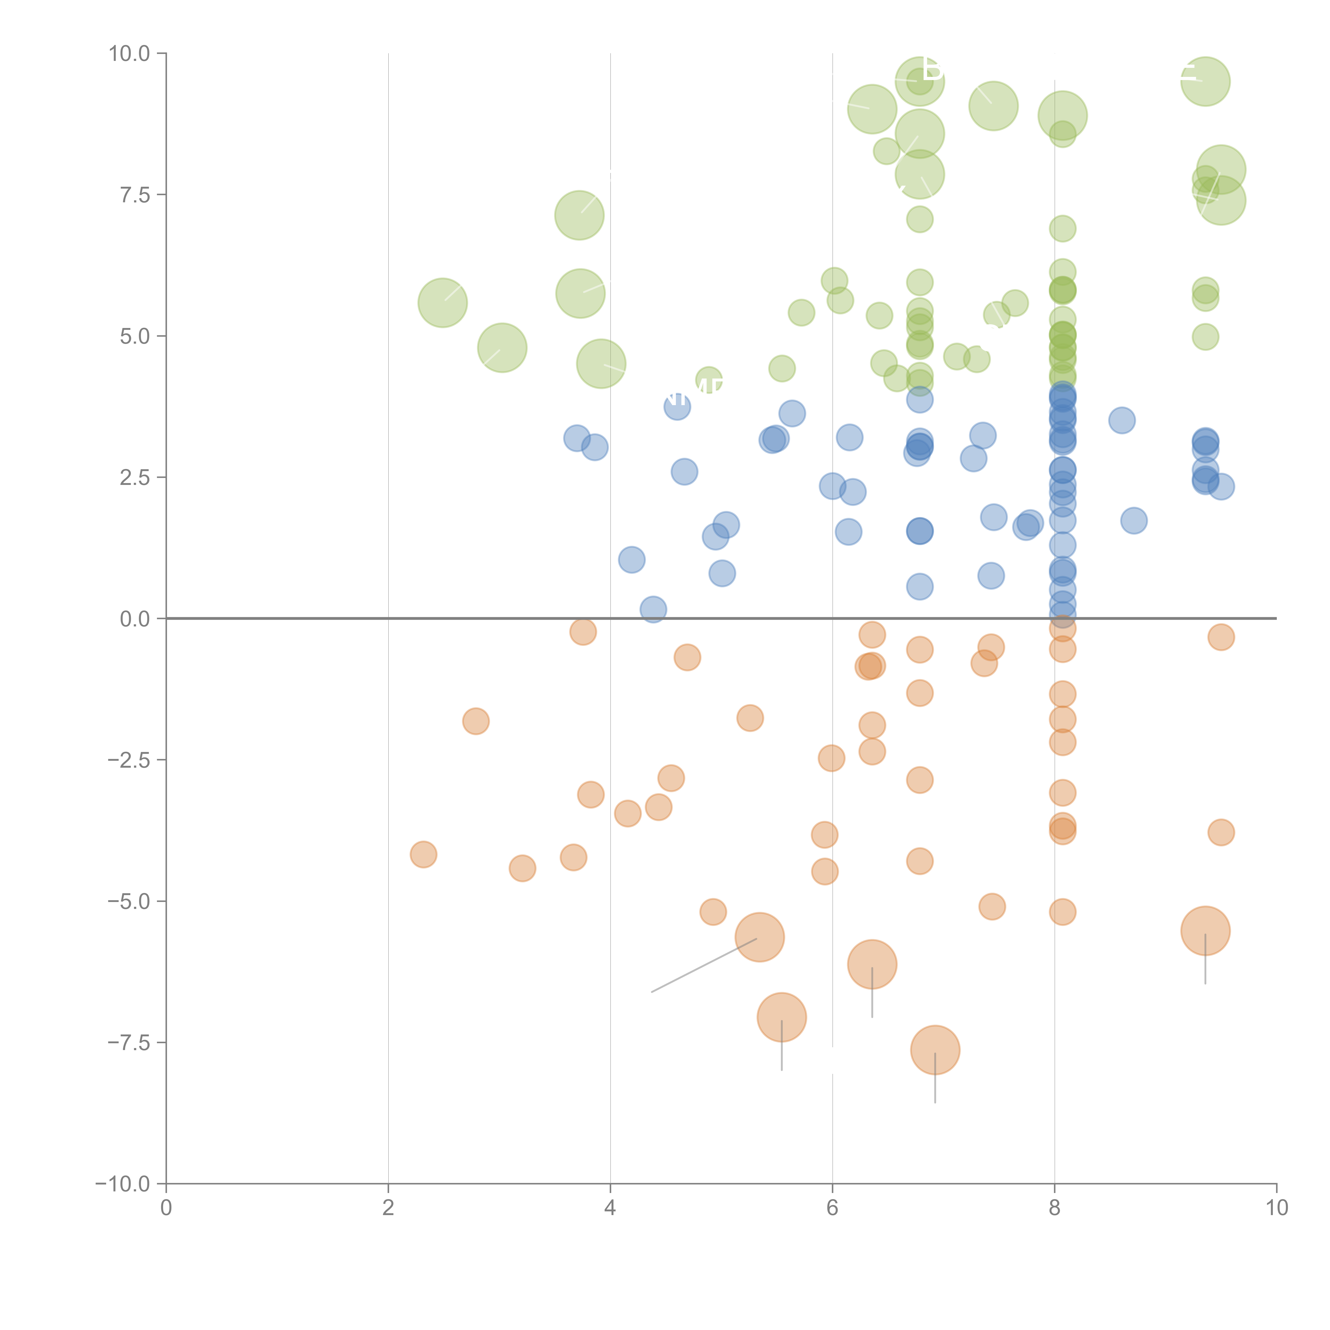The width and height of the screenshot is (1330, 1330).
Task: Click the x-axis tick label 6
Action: (832, 1208)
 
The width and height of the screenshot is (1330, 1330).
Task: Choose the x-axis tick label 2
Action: (388, 1208)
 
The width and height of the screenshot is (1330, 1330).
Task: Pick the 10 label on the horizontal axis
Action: (1276, 1208)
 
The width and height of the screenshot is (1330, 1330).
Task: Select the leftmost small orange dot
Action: (423, 854)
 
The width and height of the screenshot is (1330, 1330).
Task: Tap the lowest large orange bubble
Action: (935, 1050)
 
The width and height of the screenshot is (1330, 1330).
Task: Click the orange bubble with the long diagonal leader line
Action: (759, 937)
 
